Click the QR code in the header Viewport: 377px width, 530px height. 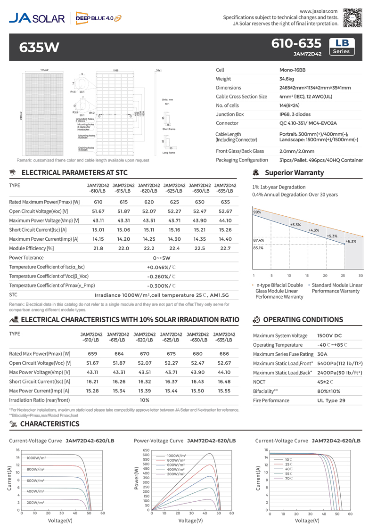click(x=352, y=17)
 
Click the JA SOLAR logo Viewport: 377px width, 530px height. click(x=37, y=18)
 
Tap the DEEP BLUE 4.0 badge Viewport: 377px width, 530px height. click(x=98, y=18)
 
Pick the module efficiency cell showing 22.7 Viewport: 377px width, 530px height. click(x=225, y=248)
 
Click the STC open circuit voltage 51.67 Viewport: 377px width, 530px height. click(x=98, y=211)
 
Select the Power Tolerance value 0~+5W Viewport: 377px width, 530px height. click(x=162, y=258)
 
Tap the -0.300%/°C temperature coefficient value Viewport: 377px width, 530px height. click(x=162, y=285)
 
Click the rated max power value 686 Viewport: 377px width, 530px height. click(x=224, y=354)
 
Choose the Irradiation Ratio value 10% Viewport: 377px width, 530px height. click(x=145, y=400)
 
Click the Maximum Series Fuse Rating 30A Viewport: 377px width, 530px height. click(x=322, y=354)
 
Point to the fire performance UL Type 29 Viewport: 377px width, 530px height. click(x=331, y=400)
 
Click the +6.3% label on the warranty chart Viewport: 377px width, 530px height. click(x=351, y=241)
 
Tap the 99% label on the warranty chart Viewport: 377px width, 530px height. click(x=257, y=212)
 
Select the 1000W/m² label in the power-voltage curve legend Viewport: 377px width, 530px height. click(x=176, y=456)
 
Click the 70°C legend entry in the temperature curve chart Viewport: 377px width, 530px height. click(x=288, y=478)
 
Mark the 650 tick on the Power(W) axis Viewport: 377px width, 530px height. click(x=146, y=450)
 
